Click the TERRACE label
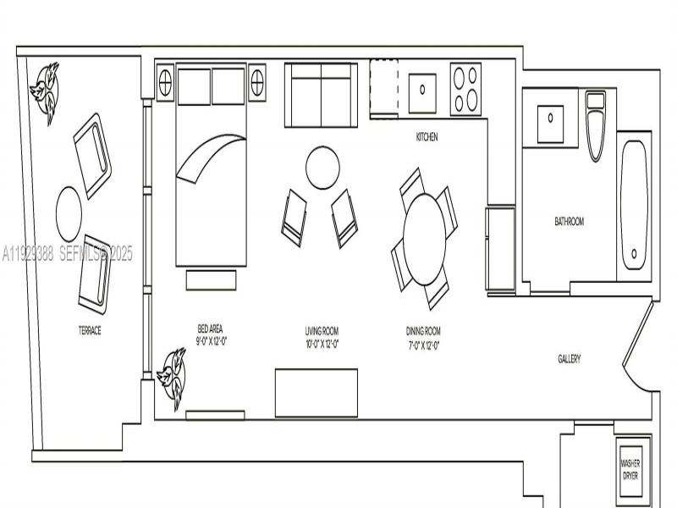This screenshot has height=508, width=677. tap(90, 330)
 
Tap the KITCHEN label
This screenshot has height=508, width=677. tap(427, 137)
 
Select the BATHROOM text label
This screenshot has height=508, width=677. tap(569, 222)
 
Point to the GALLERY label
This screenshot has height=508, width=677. tap(569, 359)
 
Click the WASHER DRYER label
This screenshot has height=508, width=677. tap(630, 469)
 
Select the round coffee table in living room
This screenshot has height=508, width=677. tap(322, 168)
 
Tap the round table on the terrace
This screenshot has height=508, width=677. tap(69, 214)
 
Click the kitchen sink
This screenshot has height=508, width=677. tap(421, 88)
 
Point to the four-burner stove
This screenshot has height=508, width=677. tap(465, 88)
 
